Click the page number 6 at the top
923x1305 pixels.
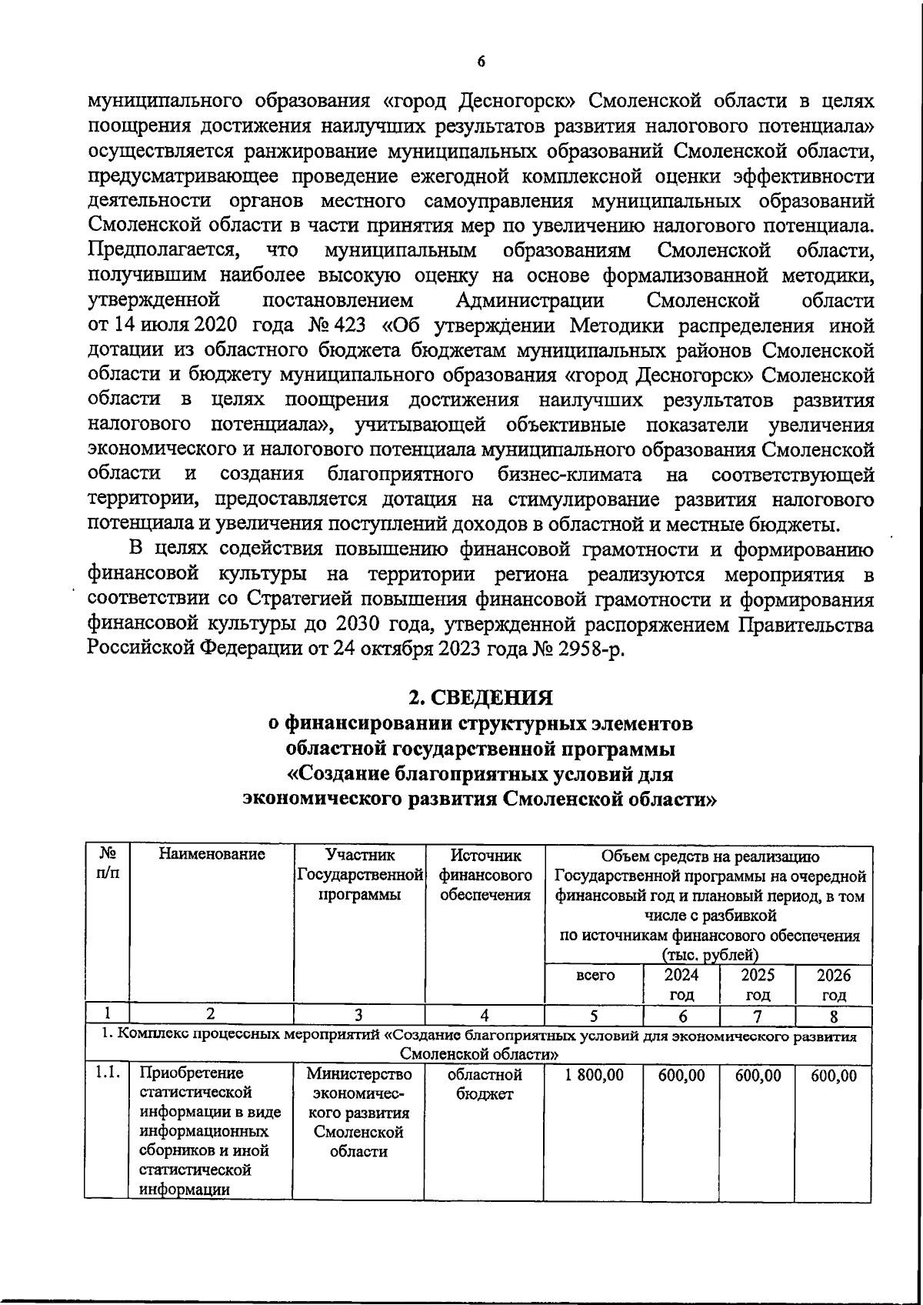point(481,62)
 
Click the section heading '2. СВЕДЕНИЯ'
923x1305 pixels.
point(480,698)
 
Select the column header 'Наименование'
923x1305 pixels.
point(212,854)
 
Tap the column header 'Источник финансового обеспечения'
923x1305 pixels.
point(485,875)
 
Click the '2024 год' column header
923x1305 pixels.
point(681,985)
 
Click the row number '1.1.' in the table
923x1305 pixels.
point(108,1073)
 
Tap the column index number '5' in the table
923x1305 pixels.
point(594,1016)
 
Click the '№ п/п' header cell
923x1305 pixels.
point(108,864)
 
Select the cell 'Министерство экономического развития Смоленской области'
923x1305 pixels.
point(358,1113)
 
